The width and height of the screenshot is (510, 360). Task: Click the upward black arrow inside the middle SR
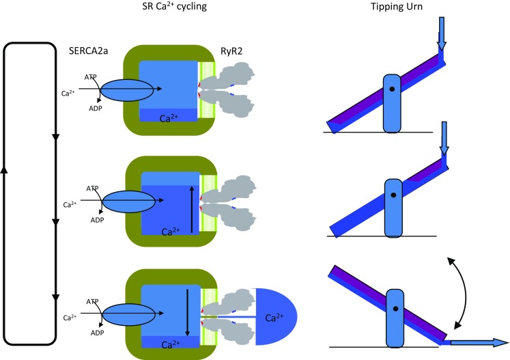[x=190, y=202]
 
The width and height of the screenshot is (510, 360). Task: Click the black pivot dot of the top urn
[x=392, y=89]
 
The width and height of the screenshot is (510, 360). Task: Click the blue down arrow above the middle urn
[x=444, y=139]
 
